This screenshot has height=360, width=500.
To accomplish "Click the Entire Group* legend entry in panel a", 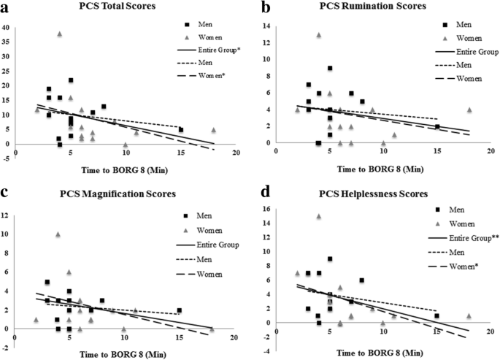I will pyautogui.click(x=209, y=52).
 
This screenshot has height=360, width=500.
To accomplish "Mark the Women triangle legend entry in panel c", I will pyautogui.click(x=207, y=229).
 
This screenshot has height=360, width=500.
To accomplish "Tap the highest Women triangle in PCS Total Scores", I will pyautogui.click(x=60, y=34).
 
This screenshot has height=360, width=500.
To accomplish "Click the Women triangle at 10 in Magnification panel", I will pyautogui.click(x=58, y=234).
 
